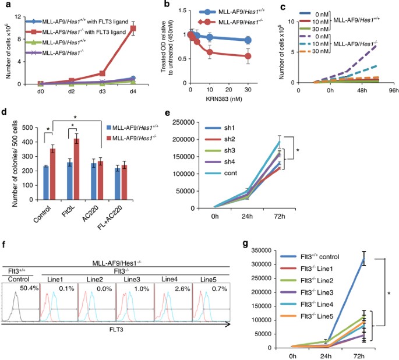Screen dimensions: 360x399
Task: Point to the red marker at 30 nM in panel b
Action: [248, 57]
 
